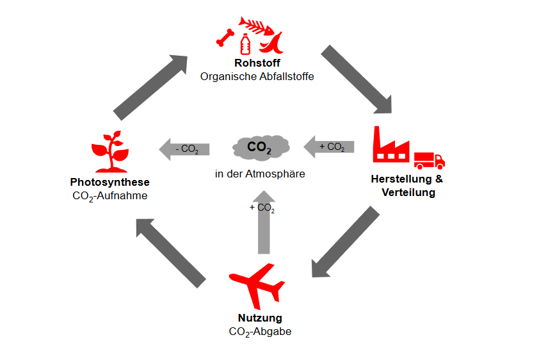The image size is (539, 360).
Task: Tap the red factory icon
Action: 390,145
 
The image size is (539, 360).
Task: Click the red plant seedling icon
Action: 108,152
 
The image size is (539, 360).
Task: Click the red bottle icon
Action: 245,45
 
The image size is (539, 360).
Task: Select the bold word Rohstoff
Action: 257,63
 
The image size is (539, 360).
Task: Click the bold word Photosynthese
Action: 110,183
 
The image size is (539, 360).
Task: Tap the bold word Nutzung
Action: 260,318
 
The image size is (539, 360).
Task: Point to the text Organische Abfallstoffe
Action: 257,76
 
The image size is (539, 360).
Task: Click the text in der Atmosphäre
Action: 260,173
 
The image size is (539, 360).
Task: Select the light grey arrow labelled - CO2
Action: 184,149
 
